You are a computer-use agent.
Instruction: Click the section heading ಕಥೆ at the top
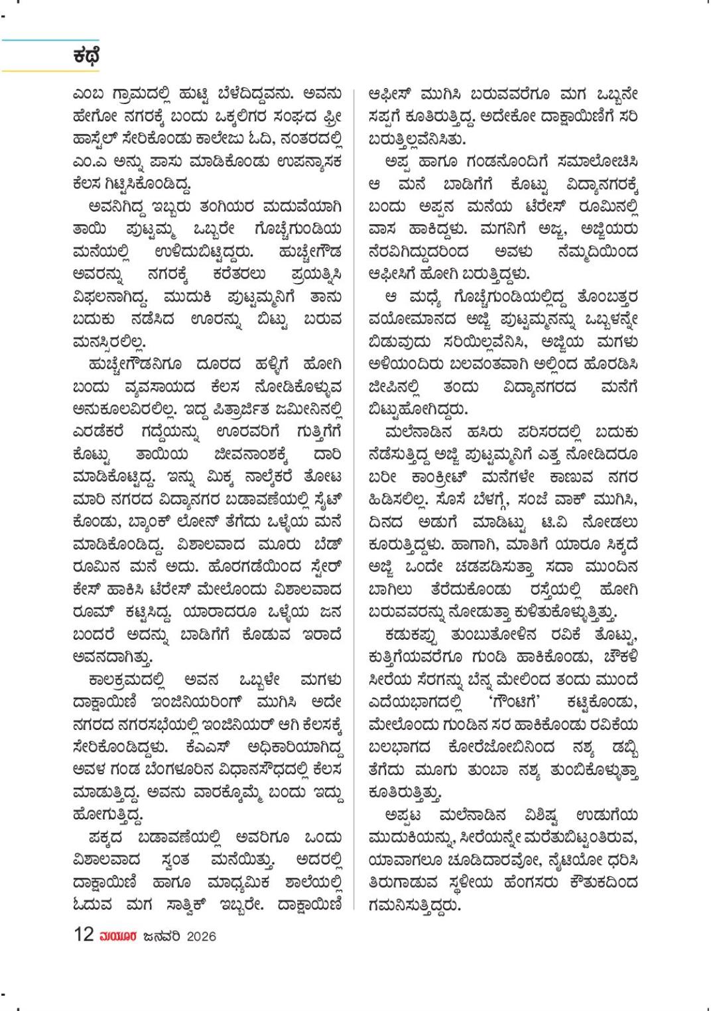coord(87,56)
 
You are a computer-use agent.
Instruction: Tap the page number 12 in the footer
coord(84,935)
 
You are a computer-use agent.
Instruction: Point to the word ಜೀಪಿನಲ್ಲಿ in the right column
coord(397,386)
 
